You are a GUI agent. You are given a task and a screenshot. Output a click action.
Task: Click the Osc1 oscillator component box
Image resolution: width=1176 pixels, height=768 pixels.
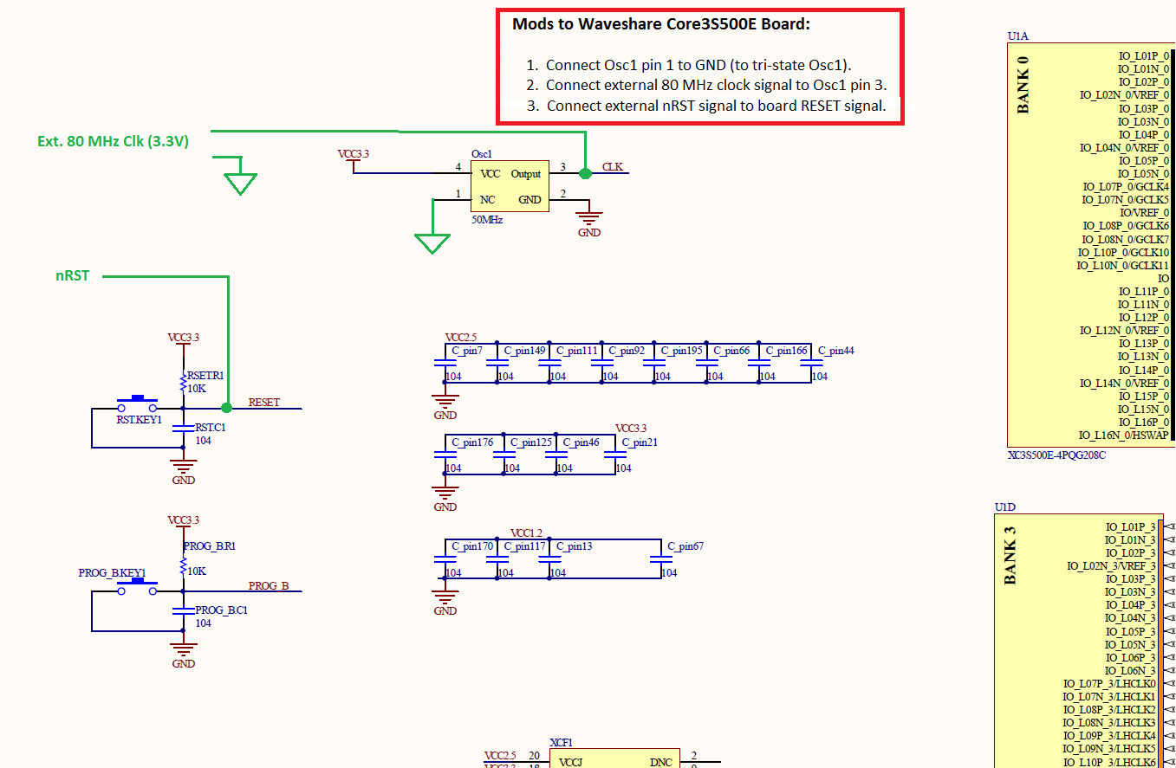(x=510, y=186)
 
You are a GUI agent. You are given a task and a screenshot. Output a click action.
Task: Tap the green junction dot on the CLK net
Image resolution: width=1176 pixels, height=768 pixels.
(x=585, y=173)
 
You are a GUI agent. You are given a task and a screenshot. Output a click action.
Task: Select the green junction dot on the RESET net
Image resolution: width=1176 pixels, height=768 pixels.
(x=226, y=408)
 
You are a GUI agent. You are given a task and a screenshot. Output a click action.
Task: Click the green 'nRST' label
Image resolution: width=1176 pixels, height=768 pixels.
(x=73, y=276)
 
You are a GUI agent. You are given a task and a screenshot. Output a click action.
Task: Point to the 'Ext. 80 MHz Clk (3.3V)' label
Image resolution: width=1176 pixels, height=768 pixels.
(x=113, y=141)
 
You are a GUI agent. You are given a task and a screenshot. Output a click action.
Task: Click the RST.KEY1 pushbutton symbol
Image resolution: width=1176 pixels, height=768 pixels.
(x=138, y=403)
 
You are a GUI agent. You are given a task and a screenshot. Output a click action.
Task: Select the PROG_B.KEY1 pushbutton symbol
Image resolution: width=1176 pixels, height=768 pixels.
(x=138, y=588)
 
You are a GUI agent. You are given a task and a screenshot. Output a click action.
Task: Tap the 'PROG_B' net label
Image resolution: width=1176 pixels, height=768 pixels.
(x=269, y=585)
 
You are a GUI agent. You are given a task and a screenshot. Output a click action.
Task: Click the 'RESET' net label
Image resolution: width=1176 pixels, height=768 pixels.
(x=264, y=403)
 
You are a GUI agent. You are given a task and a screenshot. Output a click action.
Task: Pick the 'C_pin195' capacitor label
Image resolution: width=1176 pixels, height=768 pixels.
(x=681, y=351)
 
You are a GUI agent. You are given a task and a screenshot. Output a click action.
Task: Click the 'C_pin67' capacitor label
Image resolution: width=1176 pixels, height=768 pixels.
(x=685, y=546)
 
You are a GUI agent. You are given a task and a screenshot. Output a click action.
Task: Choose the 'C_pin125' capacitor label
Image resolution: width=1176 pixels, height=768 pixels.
(x=531, y=442)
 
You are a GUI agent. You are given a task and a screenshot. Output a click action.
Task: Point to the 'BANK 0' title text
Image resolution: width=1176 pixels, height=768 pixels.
(x=1023, y=85)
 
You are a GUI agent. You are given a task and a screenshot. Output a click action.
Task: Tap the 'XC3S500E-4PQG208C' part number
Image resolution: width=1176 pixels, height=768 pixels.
(x=1056, y=455)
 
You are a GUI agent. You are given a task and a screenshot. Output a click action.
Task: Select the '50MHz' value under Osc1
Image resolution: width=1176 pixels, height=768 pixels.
(x=486, y=220)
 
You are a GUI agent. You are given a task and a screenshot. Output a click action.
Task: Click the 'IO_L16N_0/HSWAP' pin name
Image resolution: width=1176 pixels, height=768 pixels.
(x=1124, y=435)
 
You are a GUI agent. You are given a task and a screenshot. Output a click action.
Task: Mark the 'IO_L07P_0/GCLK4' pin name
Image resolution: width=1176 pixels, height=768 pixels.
(x=1126, y=186)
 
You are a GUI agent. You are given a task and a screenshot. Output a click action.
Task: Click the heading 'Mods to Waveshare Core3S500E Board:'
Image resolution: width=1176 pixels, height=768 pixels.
(x=661, y=23)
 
